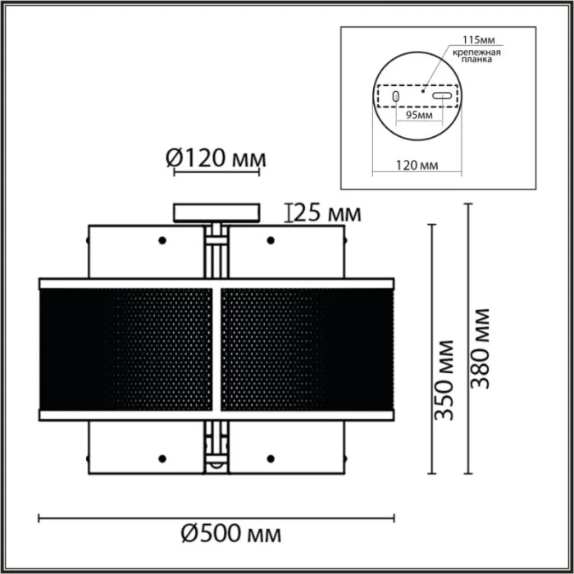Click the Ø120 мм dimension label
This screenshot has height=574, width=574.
tap(217, 157)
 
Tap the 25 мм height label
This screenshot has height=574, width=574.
tap(327, 214)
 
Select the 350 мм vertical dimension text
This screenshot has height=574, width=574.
tap(444, 379)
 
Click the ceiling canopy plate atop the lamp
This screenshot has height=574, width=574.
tap(216, 212)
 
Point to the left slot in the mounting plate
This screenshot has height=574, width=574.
tap(397, 97)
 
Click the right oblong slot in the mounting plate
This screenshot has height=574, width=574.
tap(442, 97)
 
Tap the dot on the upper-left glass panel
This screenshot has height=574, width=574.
tap(162, 240)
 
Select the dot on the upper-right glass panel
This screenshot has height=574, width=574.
tap(270, 240)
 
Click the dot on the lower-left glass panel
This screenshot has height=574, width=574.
tap(162, 457)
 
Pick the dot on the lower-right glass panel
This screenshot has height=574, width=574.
tap(270, 457)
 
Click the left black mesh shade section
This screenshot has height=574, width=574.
tap(127, 348)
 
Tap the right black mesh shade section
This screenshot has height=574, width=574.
tap(307, 348)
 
